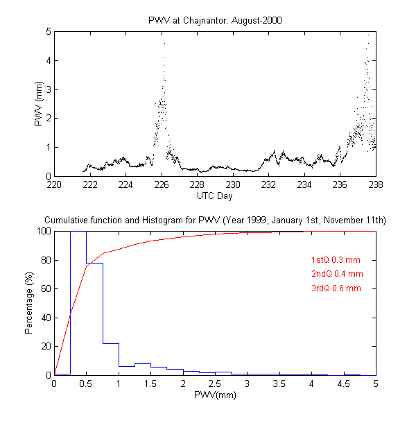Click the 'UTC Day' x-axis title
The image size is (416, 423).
pos(215,196)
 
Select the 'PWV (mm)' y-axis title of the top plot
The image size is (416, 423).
pos(39,104)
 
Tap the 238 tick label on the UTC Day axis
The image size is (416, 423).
pos(376,185)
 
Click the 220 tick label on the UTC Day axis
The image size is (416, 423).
pos(54,185)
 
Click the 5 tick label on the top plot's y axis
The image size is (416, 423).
pos(47,32)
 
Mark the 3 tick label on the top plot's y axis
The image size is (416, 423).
pos(47,89)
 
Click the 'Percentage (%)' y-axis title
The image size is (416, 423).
pos(29,303)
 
